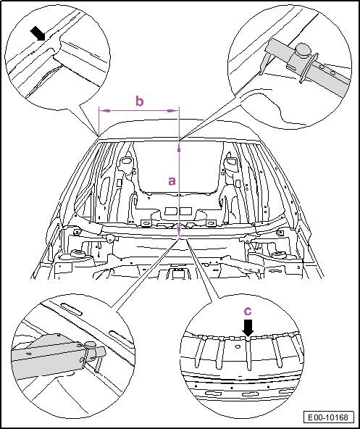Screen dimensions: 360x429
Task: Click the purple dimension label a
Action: tap(172, 181)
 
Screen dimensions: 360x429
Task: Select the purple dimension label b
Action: tap(140, 101)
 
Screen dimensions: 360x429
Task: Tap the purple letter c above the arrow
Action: tap(248, 311)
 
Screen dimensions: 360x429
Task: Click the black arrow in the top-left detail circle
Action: tap(38, 33)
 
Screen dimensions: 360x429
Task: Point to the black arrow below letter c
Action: tap(248, 328)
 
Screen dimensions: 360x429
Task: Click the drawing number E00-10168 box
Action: tap(328, 417)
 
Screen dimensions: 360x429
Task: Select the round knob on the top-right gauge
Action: tap(303, 50)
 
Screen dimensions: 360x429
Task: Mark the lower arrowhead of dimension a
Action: tap(179, 230)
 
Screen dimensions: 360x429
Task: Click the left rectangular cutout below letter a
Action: tap(171, 211)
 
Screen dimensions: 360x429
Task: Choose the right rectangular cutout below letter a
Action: tap(185, 211)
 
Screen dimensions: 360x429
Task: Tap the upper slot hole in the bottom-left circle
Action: tap(71, 309)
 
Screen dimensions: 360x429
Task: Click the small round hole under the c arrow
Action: tap(238, 346)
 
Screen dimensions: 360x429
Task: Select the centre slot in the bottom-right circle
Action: tap(247, 394)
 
